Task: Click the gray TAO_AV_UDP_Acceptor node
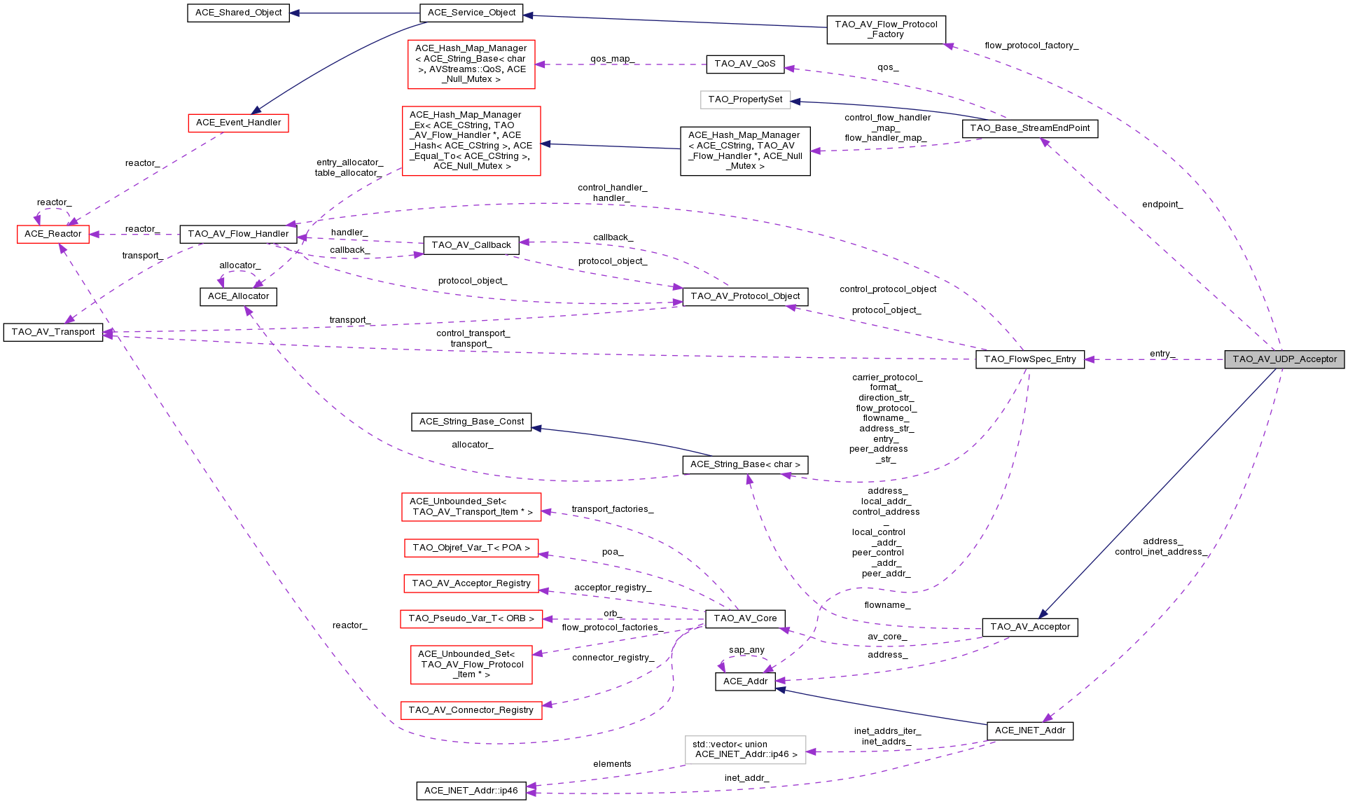tap(1284, 359)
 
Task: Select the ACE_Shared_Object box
tap(238, 13)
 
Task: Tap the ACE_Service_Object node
tap(471, 13)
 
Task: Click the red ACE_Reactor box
tap(53, 234)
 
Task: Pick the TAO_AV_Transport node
tap(53, 332)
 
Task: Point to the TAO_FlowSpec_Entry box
tap(1029, 359)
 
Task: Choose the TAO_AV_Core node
tap(744, 618)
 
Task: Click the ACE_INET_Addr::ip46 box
tap(471, 791)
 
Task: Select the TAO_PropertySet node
tap(745, 99)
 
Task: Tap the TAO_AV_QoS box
tap(744, 64)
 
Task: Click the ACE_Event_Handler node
tap(238, 123)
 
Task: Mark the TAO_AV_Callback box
tap(471, 245)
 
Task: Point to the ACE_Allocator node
tap(238, 296)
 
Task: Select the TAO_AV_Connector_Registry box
tap(471, 710)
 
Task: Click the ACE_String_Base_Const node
tap(471, 422)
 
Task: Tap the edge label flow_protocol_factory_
tap(1031, 46)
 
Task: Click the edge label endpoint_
tap(1162, 205)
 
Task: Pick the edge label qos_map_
tap(612, 59)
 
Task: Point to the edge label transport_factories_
tap(612, 509)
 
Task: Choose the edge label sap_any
tap(746, 650)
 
